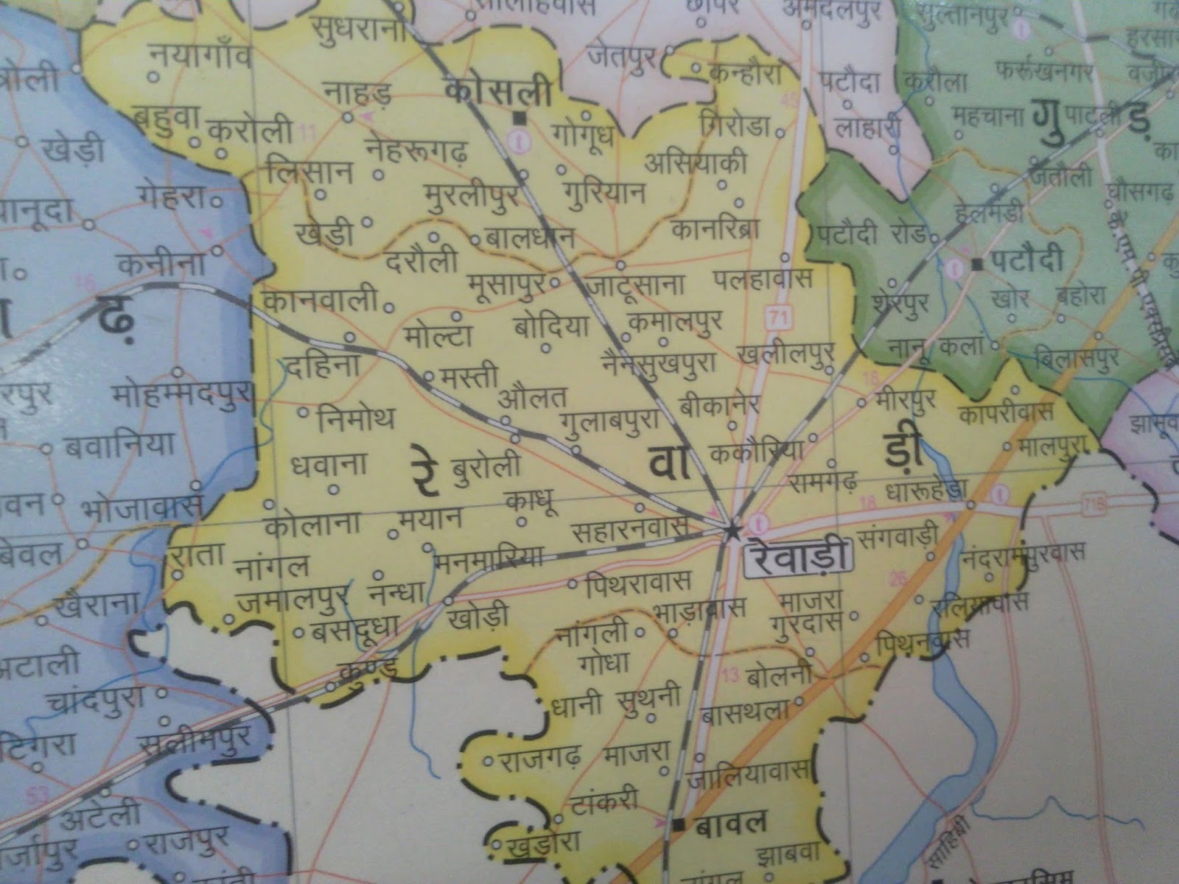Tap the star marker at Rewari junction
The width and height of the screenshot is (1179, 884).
click(x=731, y=530)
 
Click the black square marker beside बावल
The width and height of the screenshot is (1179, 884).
click(x=676, y=823)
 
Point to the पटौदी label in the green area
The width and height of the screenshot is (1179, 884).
click(x=1026, y=260)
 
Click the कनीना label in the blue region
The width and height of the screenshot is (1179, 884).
click(x=158, y=264)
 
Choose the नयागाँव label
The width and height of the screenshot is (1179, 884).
click(x=200, y=57)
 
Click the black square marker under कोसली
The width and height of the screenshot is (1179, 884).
click(x=521, y=116)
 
